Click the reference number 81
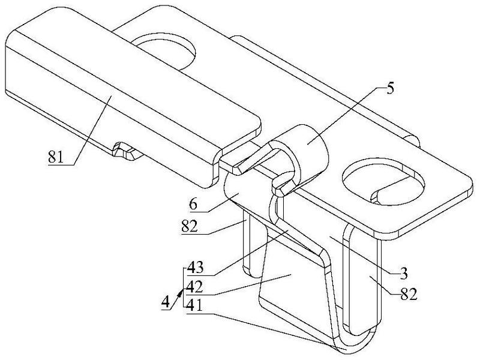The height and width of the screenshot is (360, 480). click(x=56, y=158)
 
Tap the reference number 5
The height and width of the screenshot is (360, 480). click(x=389, y=89)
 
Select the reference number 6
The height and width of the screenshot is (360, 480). click(x=193, y=205)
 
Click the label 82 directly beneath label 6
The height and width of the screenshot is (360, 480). click(x=190, y=227)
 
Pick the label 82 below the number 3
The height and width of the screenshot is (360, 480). click(x=409, y=295)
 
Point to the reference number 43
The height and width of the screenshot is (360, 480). click(x=196, y=268)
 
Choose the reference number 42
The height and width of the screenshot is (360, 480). click(x=195, y=287)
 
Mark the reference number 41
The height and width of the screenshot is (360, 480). click(x=194, y=305)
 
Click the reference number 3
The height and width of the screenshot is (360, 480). click(x=404, y=274)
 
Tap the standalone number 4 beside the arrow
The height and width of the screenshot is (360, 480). click(x=166, y=302)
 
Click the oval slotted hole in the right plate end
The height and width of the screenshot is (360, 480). click(x=383, y=181)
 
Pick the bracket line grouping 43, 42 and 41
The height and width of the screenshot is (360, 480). click(x=183, y=287)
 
